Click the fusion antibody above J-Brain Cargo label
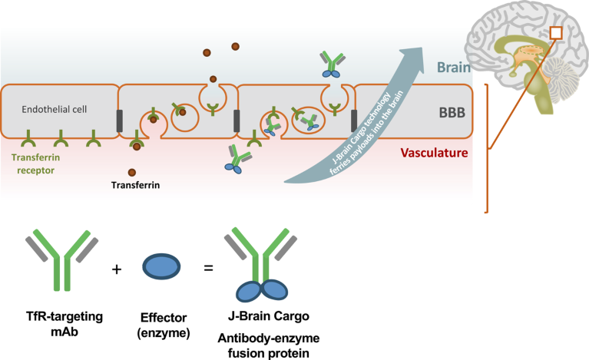coord(262,265)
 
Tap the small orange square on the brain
coord(557,33)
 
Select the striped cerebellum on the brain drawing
coord(558,77)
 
